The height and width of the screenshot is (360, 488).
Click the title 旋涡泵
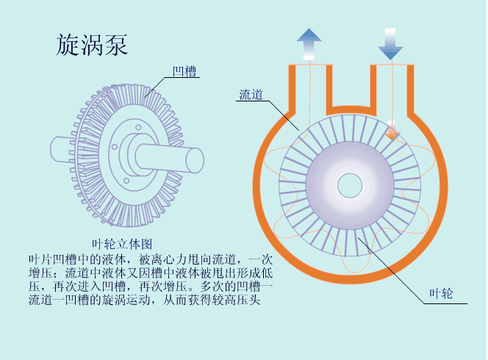[92, 45]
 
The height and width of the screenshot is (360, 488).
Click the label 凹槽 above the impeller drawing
[184, 71]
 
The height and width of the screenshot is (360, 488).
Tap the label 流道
[251, 95]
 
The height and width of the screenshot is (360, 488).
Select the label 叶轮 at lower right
[441, 293]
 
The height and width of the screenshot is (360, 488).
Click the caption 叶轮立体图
[122, 244]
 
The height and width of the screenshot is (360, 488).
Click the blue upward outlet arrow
[309, 44]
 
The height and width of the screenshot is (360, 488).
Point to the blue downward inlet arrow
[390, 44]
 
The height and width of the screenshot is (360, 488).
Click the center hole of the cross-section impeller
[350, 185]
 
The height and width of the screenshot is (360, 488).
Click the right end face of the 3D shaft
[195, 160]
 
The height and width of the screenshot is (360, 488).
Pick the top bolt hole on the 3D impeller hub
[138, 127]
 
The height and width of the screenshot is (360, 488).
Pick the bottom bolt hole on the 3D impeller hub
[126, 181]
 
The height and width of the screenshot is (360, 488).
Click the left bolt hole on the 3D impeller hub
[115, 146]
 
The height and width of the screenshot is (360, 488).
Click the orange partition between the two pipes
[351, 109]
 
